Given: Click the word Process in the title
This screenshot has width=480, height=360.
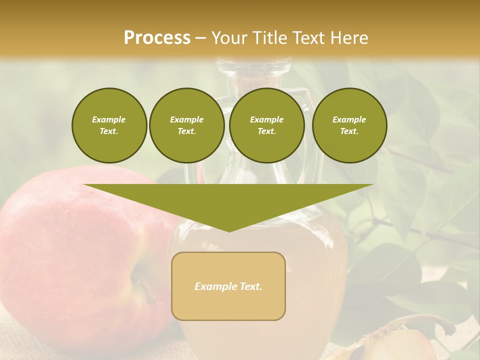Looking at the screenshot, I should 157,38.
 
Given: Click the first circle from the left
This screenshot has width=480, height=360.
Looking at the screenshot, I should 109,125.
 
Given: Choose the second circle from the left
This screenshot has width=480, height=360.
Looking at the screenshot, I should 186,125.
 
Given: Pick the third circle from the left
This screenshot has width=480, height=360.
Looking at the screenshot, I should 266,125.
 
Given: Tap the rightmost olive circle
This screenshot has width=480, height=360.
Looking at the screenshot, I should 349,125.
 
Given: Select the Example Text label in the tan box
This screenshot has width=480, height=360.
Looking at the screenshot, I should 228,286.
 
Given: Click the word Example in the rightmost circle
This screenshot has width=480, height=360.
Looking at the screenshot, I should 349,119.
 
